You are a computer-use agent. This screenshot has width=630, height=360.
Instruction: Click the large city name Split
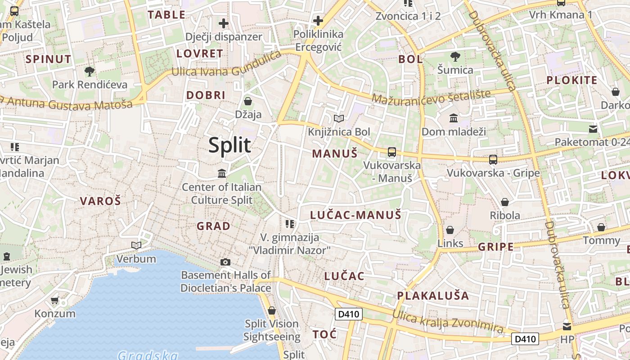229,145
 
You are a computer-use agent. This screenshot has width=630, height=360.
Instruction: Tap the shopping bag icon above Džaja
247,101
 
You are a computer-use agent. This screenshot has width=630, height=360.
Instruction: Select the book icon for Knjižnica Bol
339,118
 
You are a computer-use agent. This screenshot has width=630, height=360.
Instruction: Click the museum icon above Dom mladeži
454,118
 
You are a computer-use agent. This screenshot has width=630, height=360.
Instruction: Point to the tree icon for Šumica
455,57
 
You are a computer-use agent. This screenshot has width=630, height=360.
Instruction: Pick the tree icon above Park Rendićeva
90,71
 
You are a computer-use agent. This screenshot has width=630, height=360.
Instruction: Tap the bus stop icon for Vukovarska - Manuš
392,152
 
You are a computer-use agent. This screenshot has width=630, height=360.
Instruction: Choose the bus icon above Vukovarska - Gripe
493,159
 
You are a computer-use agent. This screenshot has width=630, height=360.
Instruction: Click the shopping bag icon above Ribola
505,202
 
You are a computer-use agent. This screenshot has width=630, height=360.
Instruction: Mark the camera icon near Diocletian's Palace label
225,262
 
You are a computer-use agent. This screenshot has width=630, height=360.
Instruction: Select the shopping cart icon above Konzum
55,300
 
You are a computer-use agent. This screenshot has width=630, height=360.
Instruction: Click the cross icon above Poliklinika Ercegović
318,21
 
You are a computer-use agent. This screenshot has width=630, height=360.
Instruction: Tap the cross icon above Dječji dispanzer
224,23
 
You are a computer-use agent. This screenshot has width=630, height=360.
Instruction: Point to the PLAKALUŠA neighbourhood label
433,296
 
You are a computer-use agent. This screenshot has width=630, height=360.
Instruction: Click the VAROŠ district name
100,201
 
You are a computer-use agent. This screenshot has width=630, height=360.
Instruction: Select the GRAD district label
213,226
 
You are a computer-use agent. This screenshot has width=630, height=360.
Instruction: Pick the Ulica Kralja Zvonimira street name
447,321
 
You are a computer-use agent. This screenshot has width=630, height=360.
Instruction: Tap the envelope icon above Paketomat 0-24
594,130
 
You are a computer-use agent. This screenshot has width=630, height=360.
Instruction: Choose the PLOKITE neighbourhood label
571,81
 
